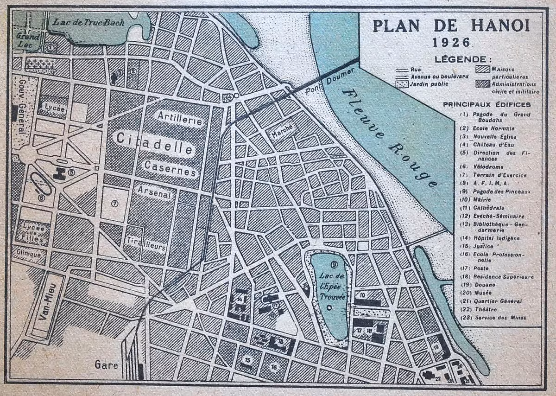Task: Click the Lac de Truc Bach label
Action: [x=89, y=22]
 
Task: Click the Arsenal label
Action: [x=155, y=192]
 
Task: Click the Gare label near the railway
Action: [x=106, y=364]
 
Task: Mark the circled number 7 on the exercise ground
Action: [x=114, y=203]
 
